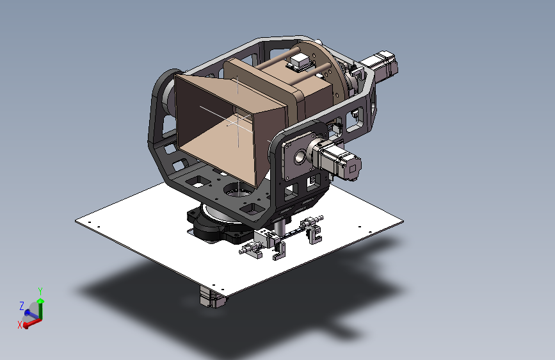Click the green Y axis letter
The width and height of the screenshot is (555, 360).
pyautogui.click(x=40, y=291)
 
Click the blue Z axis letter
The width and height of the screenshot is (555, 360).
pyautogui.click(x=22, y=306)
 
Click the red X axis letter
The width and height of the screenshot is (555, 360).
pyautogui.click(x=20, y=325)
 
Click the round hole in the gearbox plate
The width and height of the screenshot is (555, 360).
pyautogui.click(x=300, y=156)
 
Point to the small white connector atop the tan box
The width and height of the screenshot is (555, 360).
pyautogui.click(x=300, y=61)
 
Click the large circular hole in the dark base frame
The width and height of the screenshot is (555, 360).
pyautogui.click(x=238, y=190)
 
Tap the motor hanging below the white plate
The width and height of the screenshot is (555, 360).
pyautogui.click(x=213, y=297)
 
